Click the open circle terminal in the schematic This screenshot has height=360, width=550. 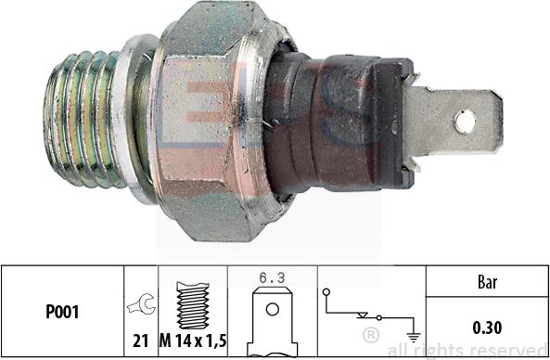[327, 292]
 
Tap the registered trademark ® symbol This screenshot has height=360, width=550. [370, 333]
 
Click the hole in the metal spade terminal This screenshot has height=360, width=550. [465, 120]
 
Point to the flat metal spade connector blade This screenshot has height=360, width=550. [454, 121]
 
